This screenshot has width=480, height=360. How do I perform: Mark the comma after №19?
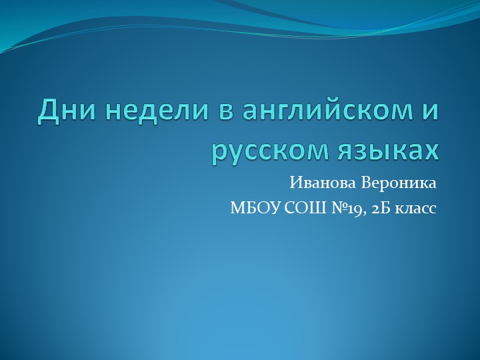363,212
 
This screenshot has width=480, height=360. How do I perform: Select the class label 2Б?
377,208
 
